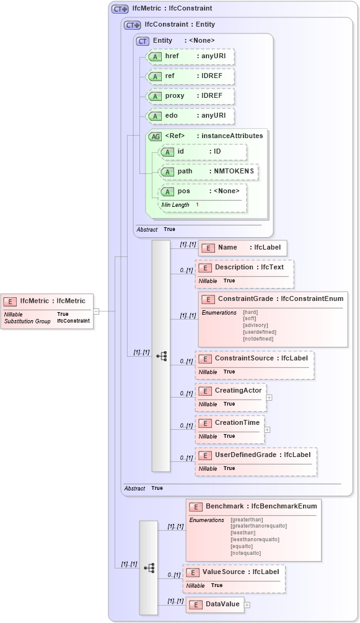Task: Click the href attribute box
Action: (x=190, y=56)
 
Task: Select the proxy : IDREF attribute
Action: (x=190, y=96)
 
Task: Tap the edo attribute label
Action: (x=172, y=116)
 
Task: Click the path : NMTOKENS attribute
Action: (x=209, y=171)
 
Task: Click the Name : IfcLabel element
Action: (x=242, y=248)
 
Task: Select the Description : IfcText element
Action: (x=244, y=268)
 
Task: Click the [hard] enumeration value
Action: (x=250, y=313)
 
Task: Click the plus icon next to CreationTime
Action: (x=267, y=429)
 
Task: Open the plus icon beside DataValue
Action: (x=247, y=604)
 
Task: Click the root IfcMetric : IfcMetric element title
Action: (x=53, y=301)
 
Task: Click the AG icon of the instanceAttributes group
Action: (x=155, y=136)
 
